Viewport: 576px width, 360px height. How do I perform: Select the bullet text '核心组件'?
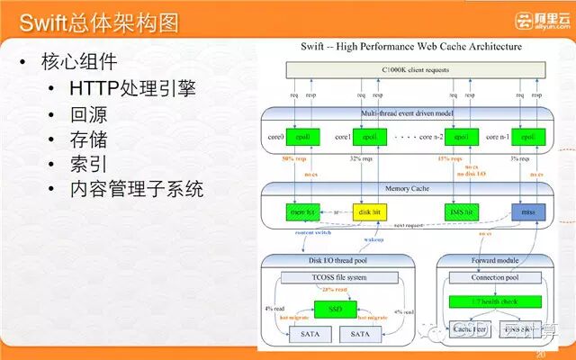78,62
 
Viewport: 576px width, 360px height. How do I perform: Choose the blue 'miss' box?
528,212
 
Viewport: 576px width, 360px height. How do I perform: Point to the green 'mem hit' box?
303,212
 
